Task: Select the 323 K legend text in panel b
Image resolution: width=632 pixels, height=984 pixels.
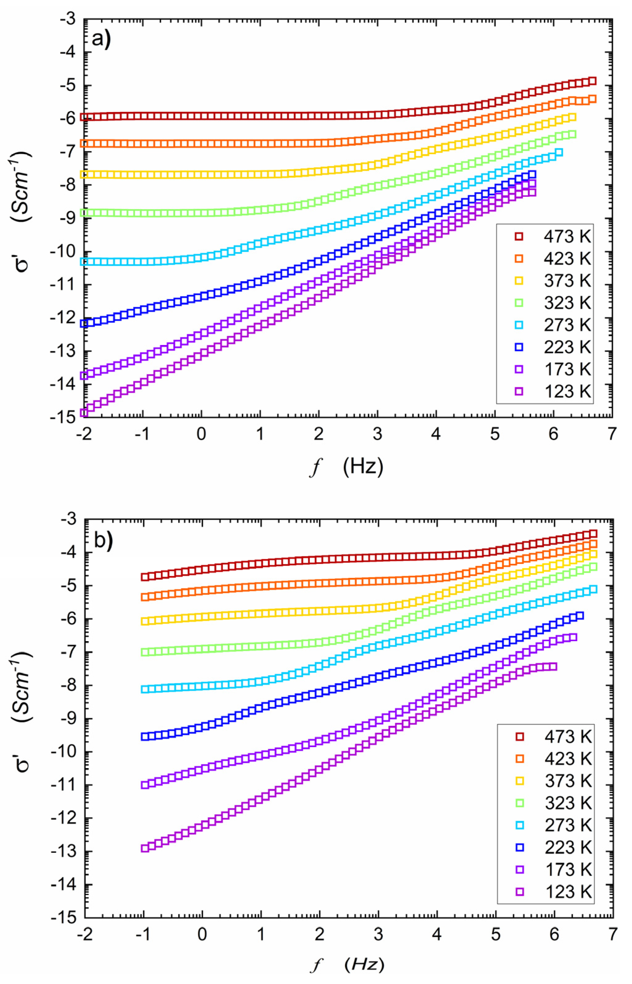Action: (x=568, y=803)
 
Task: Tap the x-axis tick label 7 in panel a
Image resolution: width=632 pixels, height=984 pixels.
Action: (x=612, y=434)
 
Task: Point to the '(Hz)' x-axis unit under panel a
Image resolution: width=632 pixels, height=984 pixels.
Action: (x=363, y=467)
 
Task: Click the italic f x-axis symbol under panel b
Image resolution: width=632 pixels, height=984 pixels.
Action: (x=316, y=965)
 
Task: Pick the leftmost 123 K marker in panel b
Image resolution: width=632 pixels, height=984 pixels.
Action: (x=144, y=848)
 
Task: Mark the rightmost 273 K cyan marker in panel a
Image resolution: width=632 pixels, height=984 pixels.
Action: (x=559, y=153)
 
